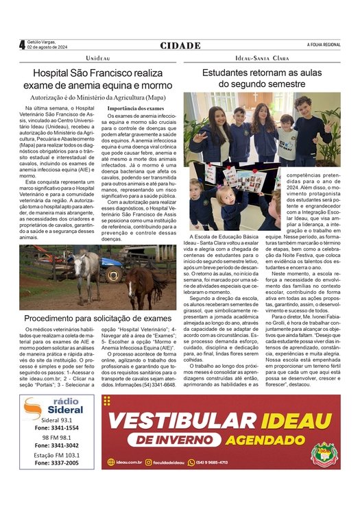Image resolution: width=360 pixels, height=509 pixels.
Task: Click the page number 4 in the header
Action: [x=22, y=45]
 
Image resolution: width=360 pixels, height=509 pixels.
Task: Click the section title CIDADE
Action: [x=180, y=45]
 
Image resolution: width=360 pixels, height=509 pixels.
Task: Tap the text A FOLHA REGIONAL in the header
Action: [x=324, y=45]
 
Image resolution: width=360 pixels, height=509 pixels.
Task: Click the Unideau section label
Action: [x=98, y=60]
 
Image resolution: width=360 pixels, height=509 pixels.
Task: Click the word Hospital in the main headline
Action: [x=56, y=73]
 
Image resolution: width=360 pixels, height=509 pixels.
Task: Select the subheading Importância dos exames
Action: [x=136, y=108]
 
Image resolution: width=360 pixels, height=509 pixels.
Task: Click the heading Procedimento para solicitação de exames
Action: [x=97, y=319]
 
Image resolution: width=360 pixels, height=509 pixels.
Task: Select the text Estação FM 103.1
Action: [x=57, y=455]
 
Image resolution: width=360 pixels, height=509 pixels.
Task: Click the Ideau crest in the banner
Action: [x=323, y=453]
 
